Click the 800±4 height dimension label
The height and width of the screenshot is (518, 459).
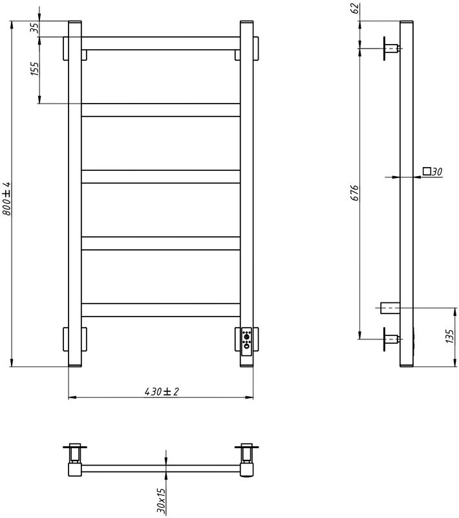click(6, 199)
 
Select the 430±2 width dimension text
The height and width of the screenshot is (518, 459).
click(161, 392)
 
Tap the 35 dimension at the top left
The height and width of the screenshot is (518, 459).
click(34, 28)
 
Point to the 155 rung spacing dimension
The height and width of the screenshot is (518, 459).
click(34, 69)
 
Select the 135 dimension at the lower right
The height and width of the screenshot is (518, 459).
click(451, 336)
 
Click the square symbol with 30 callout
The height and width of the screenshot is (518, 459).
click(432, 172)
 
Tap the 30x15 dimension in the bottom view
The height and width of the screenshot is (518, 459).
click(162, 501)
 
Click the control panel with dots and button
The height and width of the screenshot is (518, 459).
click(246, 341)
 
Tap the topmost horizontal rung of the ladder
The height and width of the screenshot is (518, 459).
click(160, 43)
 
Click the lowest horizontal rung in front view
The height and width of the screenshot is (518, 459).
click(160, 310)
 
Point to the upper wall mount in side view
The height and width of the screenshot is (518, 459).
click(390, 48)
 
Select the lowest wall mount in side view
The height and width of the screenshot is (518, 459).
click(390, 337)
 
